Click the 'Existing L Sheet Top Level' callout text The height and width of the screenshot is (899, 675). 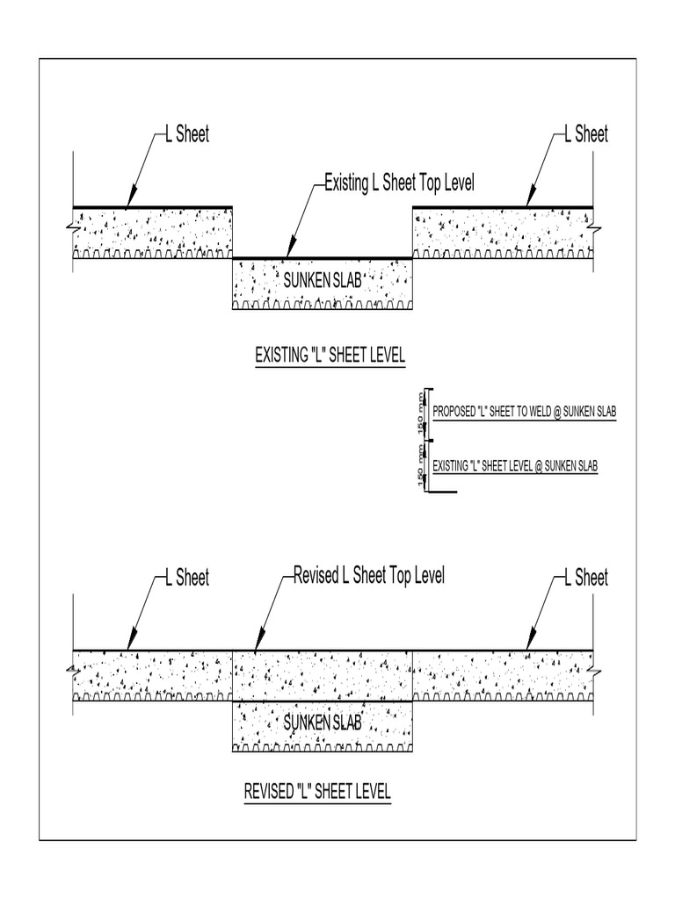[400, 183]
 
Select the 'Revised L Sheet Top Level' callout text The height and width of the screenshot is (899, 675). [368, 575]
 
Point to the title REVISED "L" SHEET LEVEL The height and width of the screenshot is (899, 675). [317, 791]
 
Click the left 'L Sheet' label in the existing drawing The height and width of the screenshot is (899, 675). [188, 134]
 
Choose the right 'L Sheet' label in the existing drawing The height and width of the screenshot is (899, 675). [585, 134]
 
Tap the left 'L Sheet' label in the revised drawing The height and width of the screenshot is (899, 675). [188, 577]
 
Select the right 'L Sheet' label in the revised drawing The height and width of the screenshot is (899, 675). [585, 577]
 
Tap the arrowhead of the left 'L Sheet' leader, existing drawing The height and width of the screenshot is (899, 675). [133, 202]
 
